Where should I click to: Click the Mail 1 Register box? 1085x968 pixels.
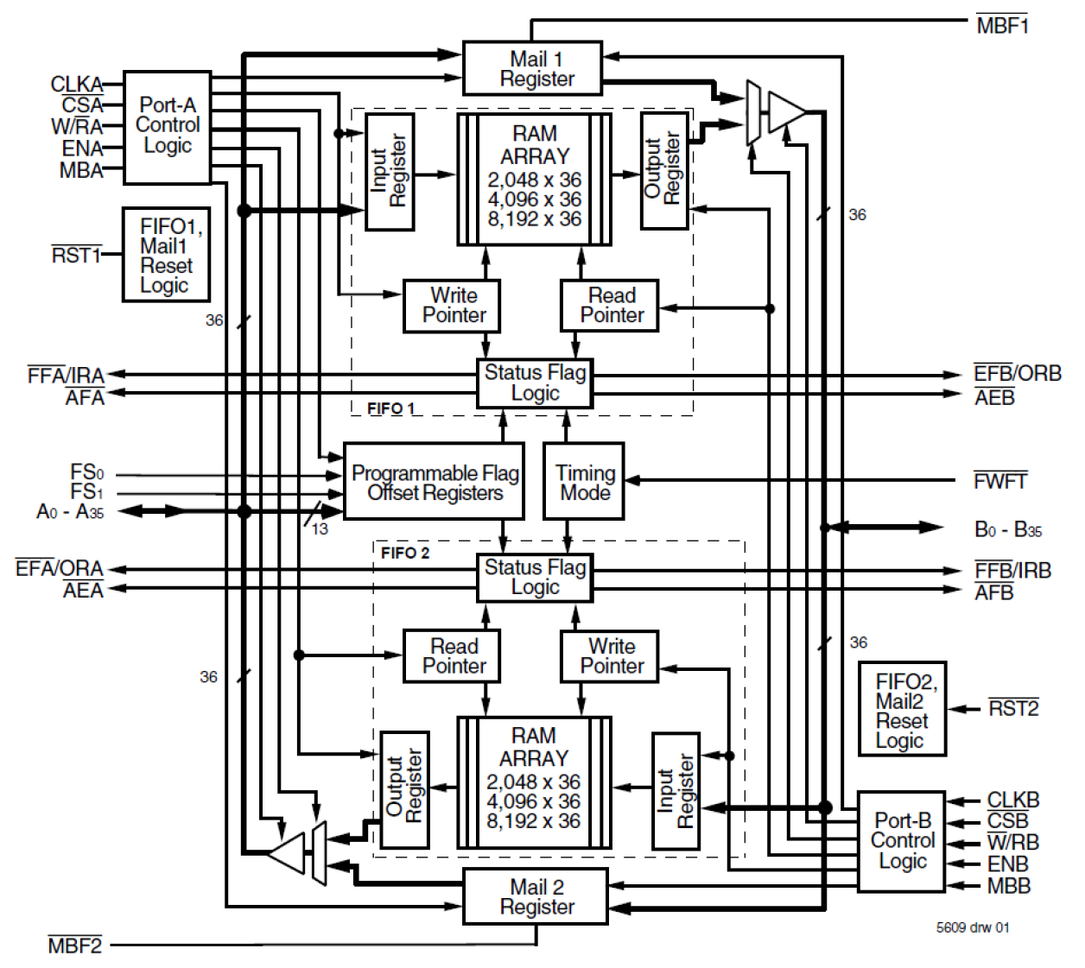point(532,68)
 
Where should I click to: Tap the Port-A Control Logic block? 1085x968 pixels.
point(167,127)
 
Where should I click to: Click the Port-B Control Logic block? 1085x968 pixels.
point(901,841)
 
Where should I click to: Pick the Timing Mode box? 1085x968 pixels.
point(583,482)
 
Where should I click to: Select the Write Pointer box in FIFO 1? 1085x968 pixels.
point(453,306)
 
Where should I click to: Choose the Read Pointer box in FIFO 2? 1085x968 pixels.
point(452,656)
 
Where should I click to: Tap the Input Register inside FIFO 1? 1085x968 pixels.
point(389,172)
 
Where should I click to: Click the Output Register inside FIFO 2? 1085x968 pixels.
point(404,788)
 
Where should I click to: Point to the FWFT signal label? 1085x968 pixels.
point(999,481)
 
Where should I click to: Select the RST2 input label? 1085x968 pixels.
point(1012,709)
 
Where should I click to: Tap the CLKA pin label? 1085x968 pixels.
point(76,84)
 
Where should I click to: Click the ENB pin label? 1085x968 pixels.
point(1007,864)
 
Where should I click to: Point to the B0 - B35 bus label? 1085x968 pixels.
point(1007,529)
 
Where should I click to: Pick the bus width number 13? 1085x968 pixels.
point(320,528)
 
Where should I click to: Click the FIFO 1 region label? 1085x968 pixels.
point(390,408)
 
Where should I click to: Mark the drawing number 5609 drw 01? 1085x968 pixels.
point(972,927)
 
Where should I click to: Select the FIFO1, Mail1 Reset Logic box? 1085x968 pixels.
point(166,255)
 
